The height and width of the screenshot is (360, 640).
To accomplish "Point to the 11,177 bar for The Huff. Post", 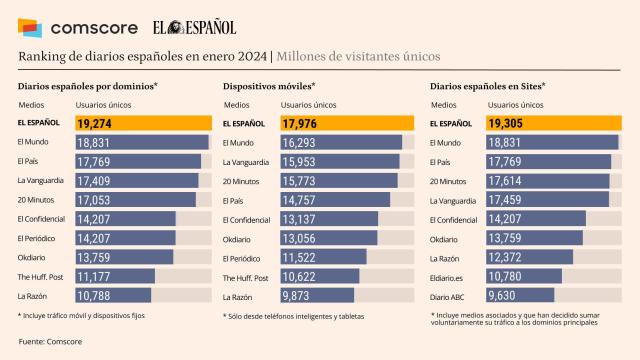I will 115,276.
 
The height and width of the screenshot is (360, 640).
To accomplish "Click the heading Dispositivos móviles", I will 269,87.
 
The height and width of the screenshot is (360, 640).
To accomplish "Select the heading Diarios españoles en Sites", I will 487,87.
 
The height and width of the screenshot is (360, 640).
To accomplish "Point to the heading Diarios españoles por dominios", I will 88,87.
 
